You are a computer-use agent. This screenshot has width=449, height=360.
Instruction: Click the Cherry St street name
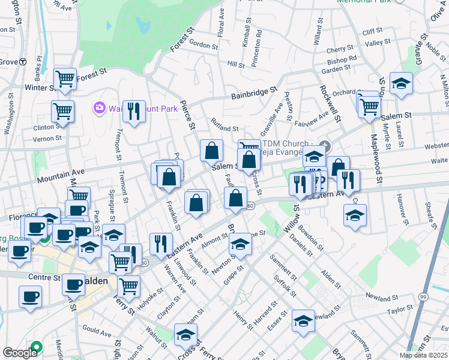[340, 50]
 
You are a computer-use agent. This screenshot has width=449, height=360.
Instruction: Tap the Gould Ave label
[97, 331]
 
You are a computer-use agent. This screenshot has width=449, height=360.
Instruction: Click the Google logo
[19, 353]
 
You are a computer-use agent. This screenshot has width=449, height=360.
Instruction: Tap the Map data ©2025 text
[424, 355]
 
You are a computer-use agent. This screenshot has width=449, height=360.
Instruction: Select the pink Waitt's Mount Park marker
[99, 108]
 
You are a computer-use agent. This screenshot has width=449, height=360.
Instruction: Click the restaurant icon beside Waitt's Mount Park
[134, 111]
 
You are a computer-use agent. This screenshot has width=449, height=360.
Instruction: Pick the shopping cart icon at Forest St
[64, 79]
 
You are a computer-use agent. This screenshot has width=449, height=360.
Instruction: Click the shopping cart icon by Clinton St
[62, 112]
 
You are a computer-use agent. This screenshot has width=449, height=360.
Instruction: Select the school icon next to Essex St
[303, 321]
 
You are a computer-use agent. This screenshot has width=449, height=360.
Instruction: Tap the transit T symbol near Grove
[23, 61]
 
